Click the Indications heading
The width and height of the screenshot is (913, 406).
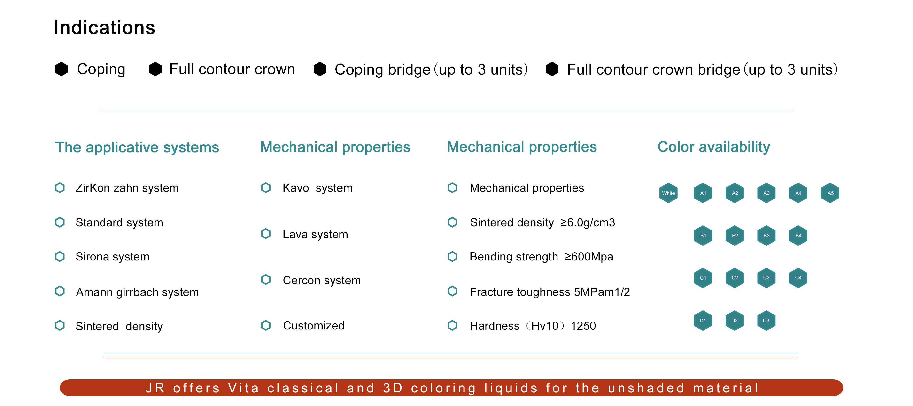coord(105,28)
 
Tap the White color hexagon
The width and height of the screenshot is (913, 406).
coord(668,193)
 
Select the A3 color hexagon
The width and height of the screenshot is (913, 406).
coord(766,193)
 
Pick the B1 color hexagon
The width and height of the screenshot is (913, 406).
coord(703,236)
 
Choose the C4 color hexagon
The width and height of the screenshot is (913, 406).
coord(798,278)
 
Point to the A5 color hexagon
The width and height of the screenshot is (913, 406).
coord(830,193)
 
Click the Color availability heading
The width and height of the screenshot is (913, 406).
coord(714,147)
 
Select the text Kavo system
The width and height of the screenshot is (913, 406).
coord(317,188)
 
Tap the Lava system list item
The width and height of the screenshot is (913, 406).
coord(315,234)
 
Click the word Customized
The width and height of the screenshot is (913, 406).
coord(314,326)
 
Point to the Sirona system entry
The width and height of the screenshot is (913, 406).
coord(112,256)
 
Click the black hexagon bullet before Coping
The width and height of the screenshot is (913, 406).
coord(61,69)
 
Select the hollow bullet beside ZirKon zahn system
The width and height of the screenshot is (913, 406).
coord(60,188)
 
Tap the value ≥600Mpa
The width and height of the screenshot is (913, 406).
coord(589,256)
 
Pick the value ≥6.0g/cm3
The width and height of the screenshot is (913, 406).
coord(588,222)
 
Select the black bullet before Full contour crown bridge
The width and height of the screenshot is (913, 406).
coord(552,69)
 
